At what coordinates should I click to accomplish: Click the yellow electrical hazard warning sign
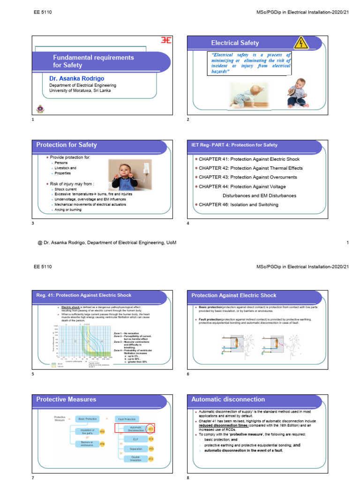coord(300,44)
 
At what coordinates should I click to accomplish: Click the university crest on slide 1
coord(39,109)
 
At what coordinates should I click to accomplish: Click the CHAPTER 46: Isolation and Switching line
coord(239,204)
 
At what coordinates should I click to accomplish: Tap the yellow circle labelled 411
coord(151,428)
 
